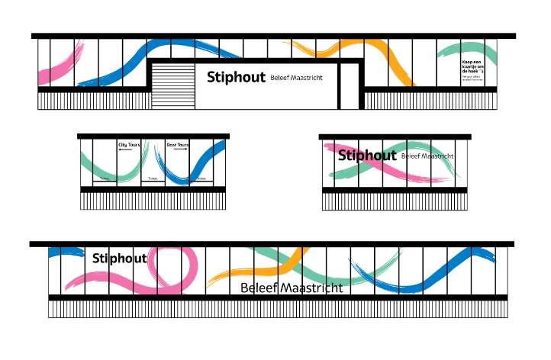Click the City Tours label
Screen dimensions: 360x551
pyautogui.click(x=128, y=143)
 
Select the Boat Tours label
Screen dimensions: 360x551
pyautogui.click(x=177, y=144)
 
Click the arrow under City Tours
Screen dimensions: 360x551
pyautogui.click(x=125, y=150)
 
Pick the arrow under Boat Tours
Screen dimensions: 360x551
pyautogui.click(x=181, y=150)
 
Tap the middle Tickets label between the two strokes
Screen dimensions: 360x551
pyautogui.click(x=153, y=178)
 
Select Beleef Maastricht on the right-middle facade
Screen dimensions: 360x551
pyautogui.click(x=427, y=156)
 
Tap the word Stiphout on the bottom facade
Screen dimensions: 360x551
pyautogui.click(x=119, y=259)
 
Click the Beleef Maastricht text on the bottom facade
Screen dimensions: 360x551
pyautogui.click(x=291, y=288)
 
